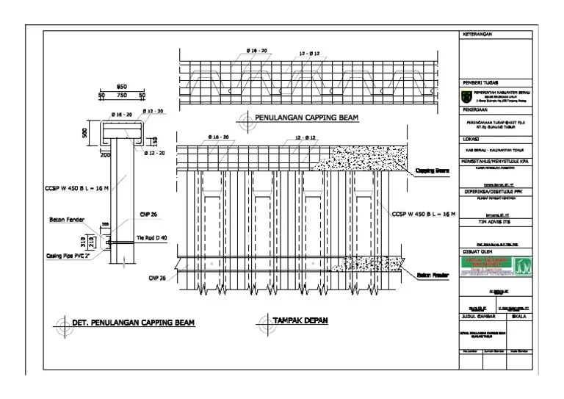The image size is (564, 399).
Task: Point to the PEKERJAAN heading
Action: (x=475, y=107)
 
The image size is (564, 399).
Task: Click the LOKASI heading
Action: (x=471, y=138)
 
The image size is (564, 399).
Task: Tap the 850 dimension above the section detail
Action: (x=122, y=87)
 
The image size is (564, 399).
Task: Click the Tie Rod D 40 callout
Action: (x=152, y=237)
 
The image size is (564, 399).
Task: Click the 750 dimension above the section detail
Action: (x=121, y=95)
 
